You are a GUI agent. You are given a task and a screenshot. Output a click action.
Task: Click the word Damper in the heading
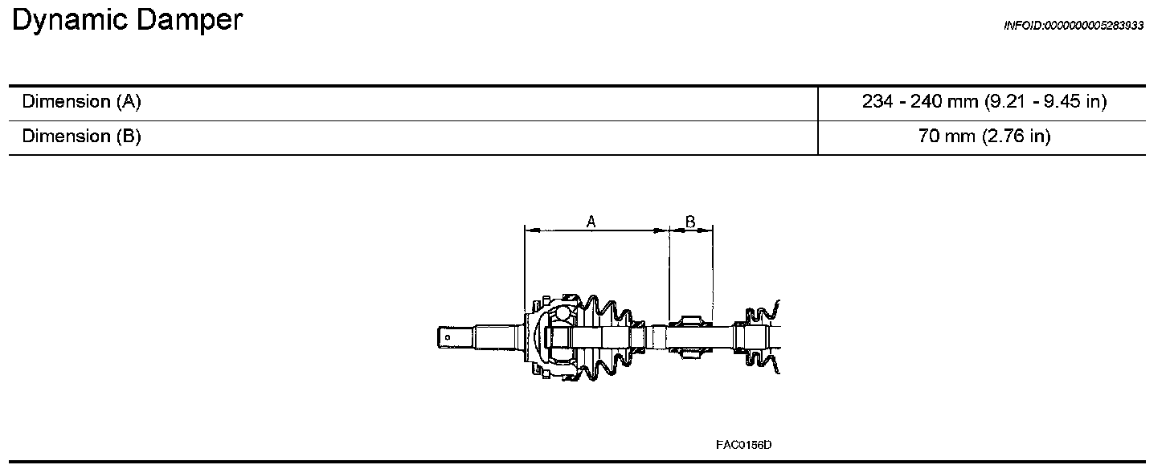tap(190, 20)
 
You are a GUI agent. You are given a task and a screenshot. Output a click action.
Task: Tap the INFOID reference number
tap(1074, 26)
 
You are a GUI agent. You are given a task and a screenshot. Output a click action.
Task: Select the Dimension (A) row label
tap(81, 101)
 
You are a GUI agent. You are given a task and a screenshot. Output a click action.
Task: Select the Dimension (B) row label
tap(81, 137)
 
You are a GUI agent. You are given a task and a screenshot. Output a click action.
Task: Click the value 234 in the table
tap(877, 101)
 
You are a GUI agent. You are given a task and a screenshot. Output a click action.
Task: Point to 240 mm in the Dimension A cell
tap(944, 101)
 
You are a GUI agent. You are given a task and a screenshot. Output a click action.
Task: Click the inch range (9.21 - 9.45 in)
tap(1045, 101)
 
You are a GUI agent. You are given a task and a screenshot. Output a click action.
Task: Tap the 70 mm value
tap(947, 137)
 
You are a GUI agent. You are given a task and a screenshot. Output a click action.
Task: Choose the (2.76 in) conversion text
tap(1017, 137)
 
